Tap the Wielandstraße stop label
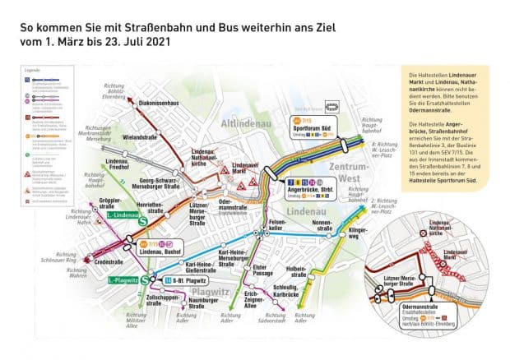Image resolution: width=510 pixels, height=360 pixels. pyautogui.click(x=139, y=137)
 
